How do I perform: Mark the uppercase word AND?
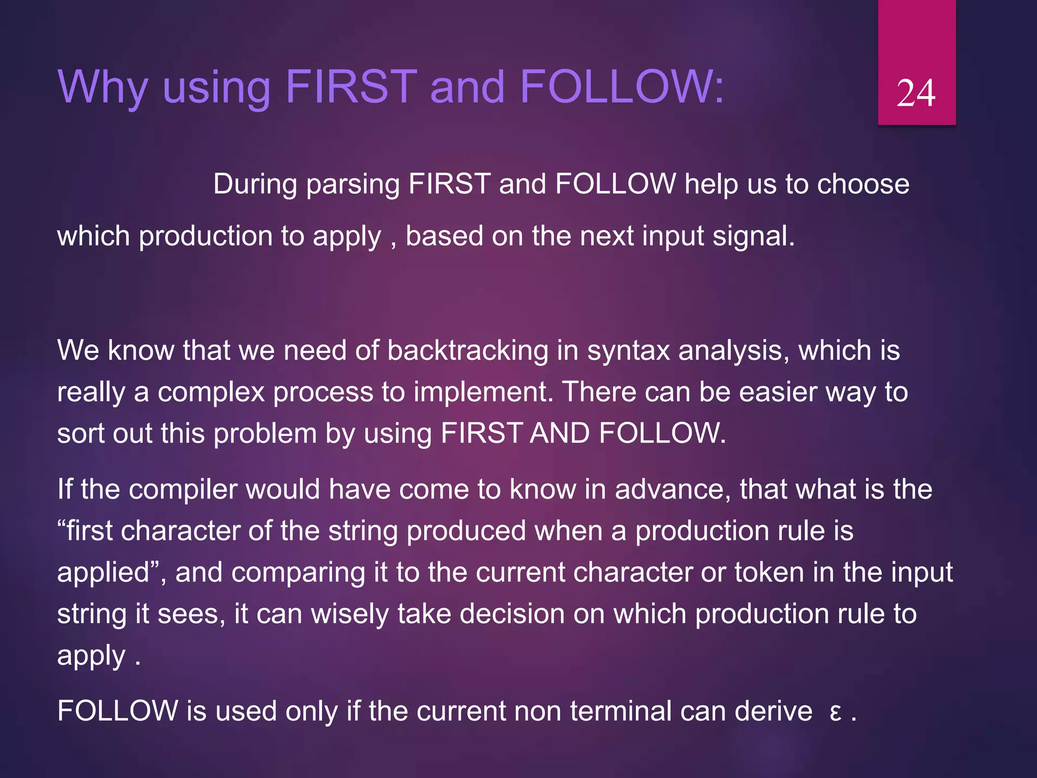click(560, 434)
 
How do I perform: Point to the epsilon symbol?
click(835, 712)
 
